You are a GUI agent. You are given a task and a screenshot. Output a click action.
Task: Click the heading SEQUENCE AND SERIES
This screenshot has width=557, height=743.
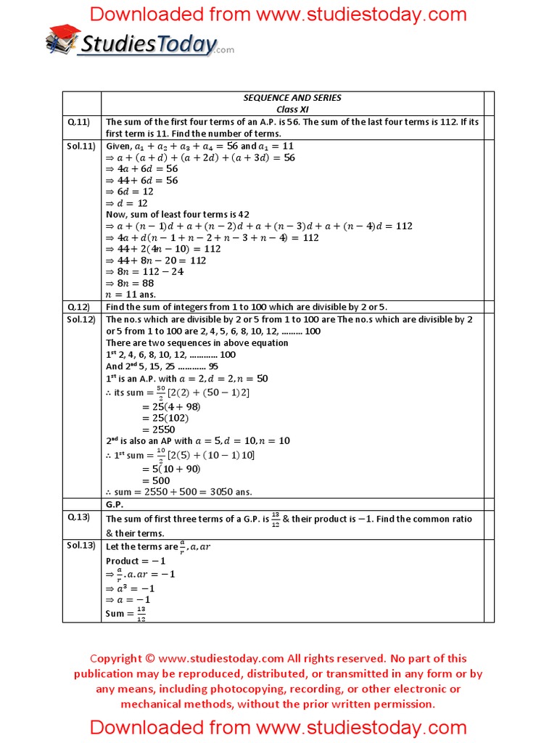pos(292,98)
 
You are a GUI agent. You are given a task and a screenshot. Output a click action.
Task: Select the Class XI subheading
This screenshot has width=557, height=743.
pos(292,109)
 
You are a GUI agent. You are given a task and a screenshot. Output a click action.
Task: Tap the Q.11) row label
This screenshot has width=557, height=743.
pos(77,122)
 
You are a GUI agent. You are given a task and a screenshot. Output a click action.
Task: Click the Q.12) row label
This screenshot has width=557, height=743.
pos(77,307)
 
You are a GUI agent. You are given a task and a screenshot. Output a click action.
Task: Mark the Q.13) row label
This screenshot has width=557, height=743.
pos(77,517)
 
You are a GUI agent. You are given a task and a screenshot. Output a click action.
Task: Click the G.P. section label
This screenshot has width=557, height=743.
pos(115,504)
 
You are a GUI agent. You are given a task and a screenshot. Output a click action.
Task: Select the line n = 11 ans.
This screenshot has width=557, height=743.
pos(131,295)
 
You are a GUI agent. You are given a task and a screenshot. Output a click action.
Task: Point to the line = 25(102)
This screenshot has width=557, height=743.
pos(165,418)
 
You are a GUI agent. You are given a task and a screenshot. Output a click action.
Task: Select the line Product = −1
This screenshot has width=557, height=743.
pos(136,561)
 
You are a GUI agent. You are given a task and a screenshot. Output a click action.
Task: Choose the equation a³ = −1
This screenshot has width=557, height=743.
pos(131,588)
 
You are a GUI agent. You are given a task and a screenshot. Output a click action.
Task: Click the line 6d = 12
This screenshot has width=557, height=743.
pos(130,192)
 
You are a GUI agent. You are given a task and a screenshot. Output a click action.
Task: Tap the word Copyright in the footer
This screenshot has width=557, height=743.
pos(115,659)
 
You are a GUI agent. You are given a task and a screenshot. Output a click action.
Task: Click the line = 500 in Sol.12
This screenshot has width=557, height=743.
pos(156,480)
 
